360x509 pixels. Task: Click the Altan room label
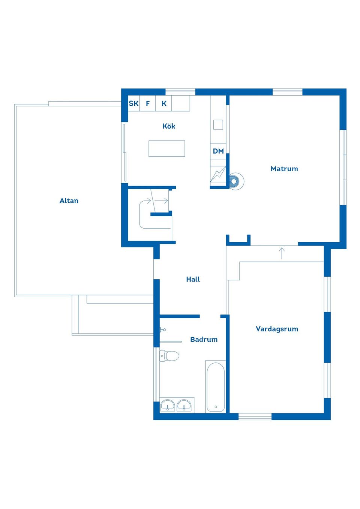(69, 201)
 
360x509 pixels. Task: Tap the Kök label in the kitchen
(169, 126)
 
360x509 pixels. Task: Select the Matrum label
(284, 169)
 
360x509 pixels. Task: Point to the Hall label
(193, 279)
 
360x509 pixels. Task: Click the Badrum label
(204, 339)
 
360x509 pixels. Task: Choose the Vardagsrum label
(277, 329)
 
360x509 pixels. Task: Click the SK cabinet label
(133, 103)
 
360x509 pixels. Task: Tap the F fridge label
(148, 103)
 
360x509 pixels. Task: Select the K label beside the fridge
(164, 103)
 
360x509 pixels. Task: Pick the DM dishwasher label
(218, 151)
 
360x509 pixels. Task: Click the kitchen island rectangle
(166, 148)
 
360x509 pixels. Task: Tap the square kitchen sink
(218, 124)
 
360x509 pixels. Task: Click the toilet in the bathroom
(169, 356)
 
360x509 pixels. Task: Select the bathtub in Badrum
(216, 387)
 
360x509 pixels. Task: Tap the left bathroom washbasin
(168, 405)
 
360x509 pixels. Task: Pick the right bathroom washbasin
(184, 405)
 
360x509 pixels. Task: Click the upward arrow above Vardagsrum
(282, 253)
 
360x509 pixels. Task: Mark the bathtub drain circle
(216, 407)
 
